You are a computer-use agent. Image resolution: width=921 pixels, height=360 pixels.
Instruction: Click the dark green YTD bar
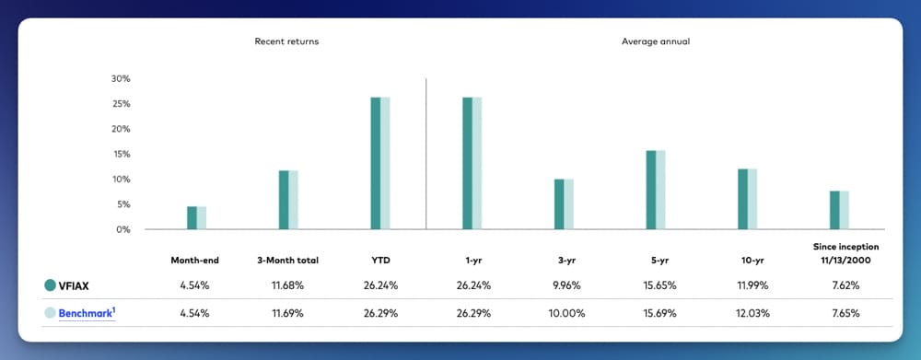(375, 163)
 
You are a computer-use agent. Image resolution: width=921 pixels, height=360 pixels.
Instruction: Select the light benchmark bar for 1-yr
(476, 163)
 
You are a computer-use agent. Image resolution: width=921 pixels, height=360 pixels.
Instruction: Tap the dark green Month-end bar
(192, 217)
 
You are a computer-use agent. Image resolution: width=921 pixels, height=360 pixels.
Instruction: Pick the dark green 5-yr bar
(650, 190)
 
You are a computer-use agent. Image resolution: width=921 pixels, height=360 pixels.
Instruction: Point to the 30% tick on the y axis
(121, 78)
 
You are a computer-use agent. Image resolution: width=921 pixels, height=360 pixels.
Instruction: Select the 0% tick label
(123, 229)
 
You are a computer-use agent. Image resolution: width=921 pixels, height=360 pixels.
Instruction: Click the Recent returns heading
(287, 41)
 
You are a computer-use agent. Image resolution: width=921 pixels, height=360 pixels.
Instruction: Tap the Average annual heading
(655, 41)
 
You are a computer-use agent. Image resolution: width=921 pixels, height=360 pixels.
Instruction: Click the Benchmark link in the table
(87, 313)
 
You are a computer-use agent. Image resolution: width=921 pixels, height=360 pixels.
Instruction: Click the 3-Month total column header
(287, 261)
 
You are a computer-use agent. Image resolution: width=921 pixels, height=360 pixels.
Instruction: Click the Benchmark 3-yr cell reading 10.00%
(564, 313)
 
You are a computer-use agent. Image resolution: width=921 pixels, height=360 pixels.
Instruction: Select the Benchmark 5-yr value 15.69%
(655, 313)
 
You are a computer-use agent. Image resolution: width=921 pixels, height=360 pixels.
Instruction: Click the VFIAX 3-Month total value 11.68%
(287, 285)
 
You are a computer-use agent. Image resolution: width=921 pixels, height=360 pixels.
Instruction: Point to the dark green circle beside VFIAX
(50, 285)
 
